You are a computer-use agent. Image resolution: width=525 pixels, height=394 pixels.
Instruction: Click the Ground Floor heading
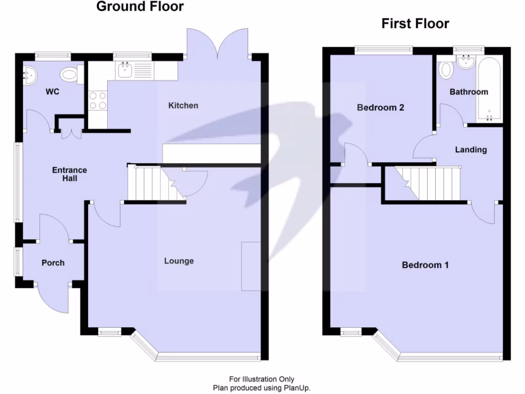tap(140, 7)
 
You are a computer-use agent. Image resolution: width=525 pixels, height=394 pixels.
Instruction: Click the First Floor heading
tap(415, 24)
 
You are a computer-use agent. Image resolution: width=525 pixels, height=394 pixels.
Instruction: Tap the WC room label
tap(52, 92)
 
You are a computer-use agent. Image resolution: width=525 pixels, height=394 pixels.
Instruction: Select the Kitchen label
tap(183, 106)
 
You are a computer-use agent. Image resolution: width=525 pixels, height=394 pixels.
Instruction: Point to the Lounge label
tap(179, 261)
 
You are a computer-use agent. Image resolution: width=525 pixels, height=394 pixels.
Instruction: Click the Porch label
tap(53, 263)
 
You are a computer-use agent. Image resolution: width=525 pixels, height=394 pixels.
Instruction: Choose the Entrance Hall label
tap(70, 174)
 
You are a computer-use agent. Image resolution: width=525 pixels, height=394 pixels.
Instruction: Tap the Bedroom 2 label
tap(380, 108)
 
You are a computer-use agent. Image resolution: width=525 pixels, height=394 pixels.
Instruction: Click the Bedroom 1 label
tap(425, 265)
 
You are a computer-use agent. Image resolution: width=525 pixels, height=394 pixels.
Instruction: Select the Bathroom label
tap(469, 92)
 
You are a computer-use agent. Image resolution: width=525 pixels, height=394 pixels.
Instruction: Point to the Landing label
tap(471, 150)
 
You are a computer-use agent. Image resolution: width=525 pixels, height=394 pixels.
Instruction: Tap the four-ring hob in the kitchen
tap(98, 101)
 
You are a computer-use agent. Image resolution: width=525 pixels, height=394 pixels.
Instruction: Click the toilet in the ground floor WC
tap(69, 75)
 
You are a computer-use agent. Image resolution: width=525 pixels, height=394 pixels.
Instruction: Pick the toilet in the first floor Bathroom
tap(446, 70)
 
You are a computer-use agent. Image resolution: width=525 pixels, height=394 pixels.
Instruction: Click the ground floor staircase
tap(154, 183)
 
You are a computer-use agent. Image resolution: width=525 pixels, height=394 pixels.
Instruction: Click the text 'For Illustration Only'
tap(261, 379)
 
